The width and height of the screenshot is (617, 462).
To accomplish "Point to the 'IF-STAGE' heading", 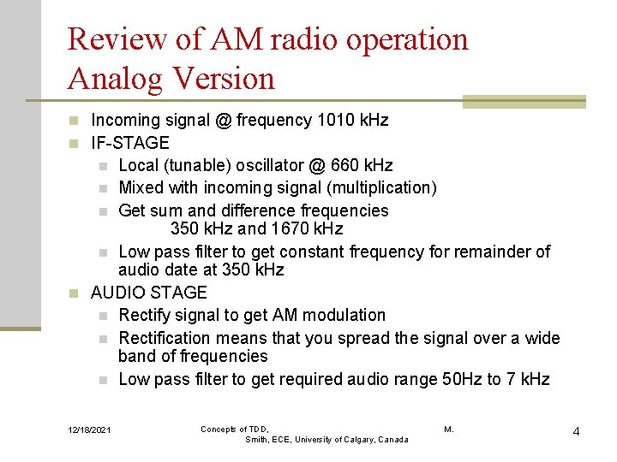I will pyautogui.click(x=130, y=143).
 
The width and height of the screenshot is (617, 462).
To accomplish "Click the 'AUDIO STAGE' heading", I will pyautogui.click(x=148, y=293).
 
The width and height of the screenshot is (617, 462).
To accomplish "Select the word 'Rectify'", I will pyautogui.click(x=147, y=315).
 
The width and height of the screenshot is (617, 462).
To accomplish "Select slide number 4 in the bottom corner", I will pyautogui.click(x=576, y=430).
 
